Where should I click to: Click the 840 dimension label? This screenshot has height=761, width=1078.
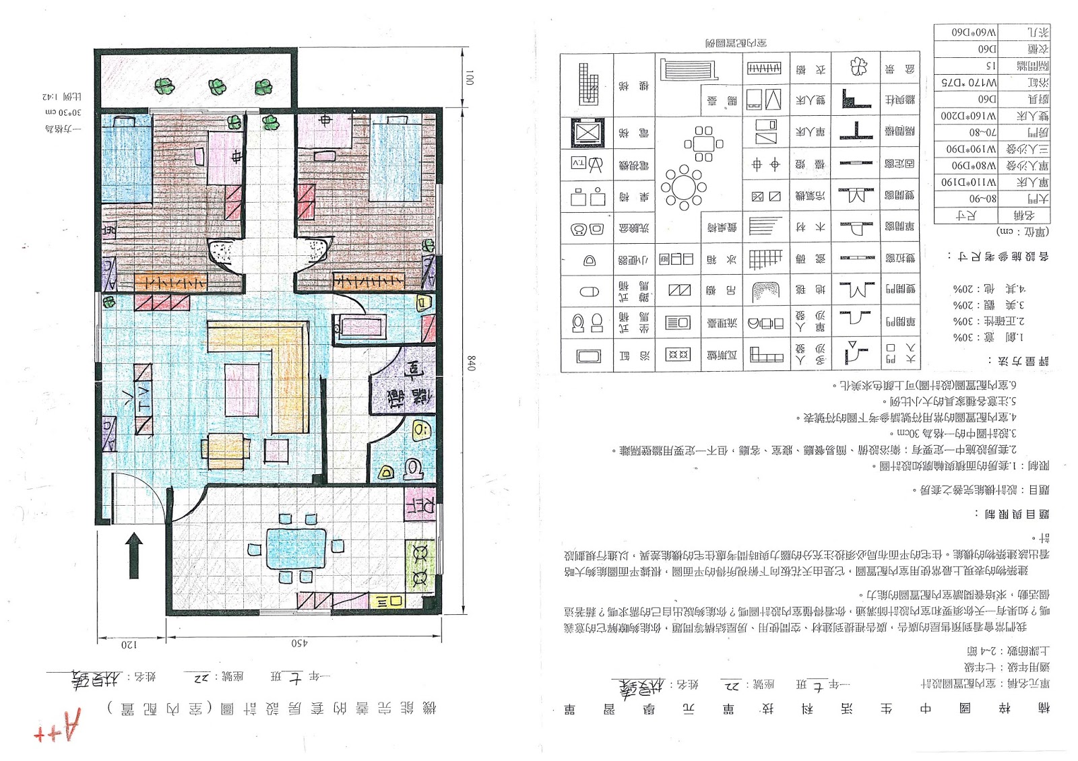(471, 364)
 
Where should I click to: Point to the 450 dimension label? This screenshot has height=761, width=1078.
(299, 644)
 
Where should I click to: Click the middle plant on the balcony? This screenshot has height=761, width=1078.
(217, 86)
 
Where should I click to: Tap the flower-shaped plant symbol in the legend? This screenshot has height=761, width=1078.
(858, 66)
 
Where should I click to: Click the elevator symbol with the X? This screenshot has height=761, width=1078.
(587, 133)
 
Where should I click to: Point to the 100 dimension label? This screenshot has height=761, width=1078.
(470, 77)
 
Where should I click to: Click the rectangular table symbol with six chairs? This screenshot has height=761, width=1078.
(703, 143)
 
